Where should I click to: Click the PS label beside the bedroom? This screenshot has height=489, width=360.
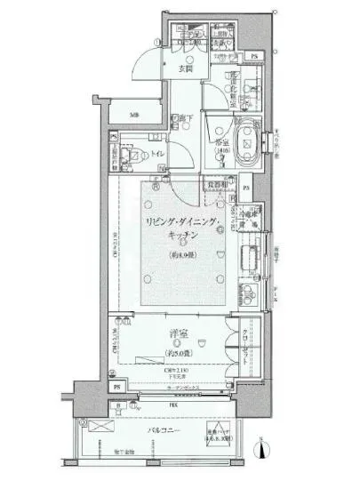114,388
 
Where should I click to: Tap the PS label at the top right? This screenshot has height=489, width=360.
254,58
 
